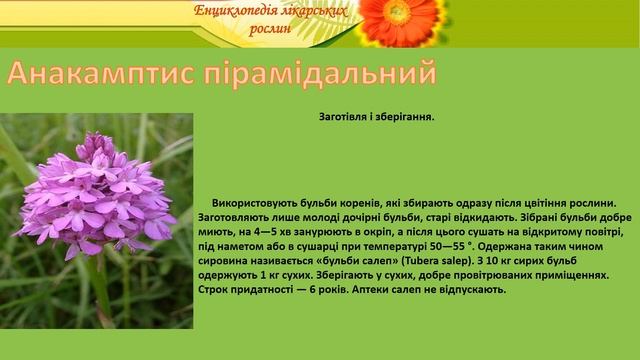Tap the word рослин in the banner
pyautogui.click(x=272, y=29)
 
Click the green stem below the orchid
pyautogui.click(x=100, y=290)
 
